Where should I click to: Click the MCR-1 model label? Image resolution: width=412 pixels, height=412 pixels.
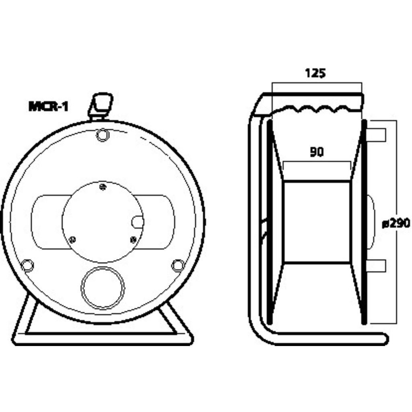coord(48,107)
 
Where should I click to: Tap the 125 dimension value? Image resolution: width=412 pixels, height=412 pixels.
coord(315,73)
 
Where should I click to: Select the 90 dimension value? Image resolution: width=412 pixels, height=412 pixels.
coord(317,152)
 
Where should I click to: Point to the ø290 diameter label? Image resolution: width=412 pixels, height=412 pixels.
coord(396,223)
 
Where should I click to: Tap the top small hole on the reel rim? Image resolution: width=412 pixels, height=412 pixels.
coord(103,135)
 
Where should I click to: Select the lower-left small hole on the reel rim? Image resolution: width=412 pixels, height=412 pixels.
coord(27,266)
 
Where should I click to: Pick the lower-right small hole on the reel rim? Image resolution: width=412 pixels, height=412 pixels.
coord(178,266)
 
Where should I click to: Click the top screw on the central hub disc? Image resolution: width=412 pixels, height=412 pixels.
coord(103,187)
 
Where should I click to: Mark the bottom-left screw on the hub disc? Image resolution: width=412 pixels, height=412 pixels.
coord(72,239)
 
